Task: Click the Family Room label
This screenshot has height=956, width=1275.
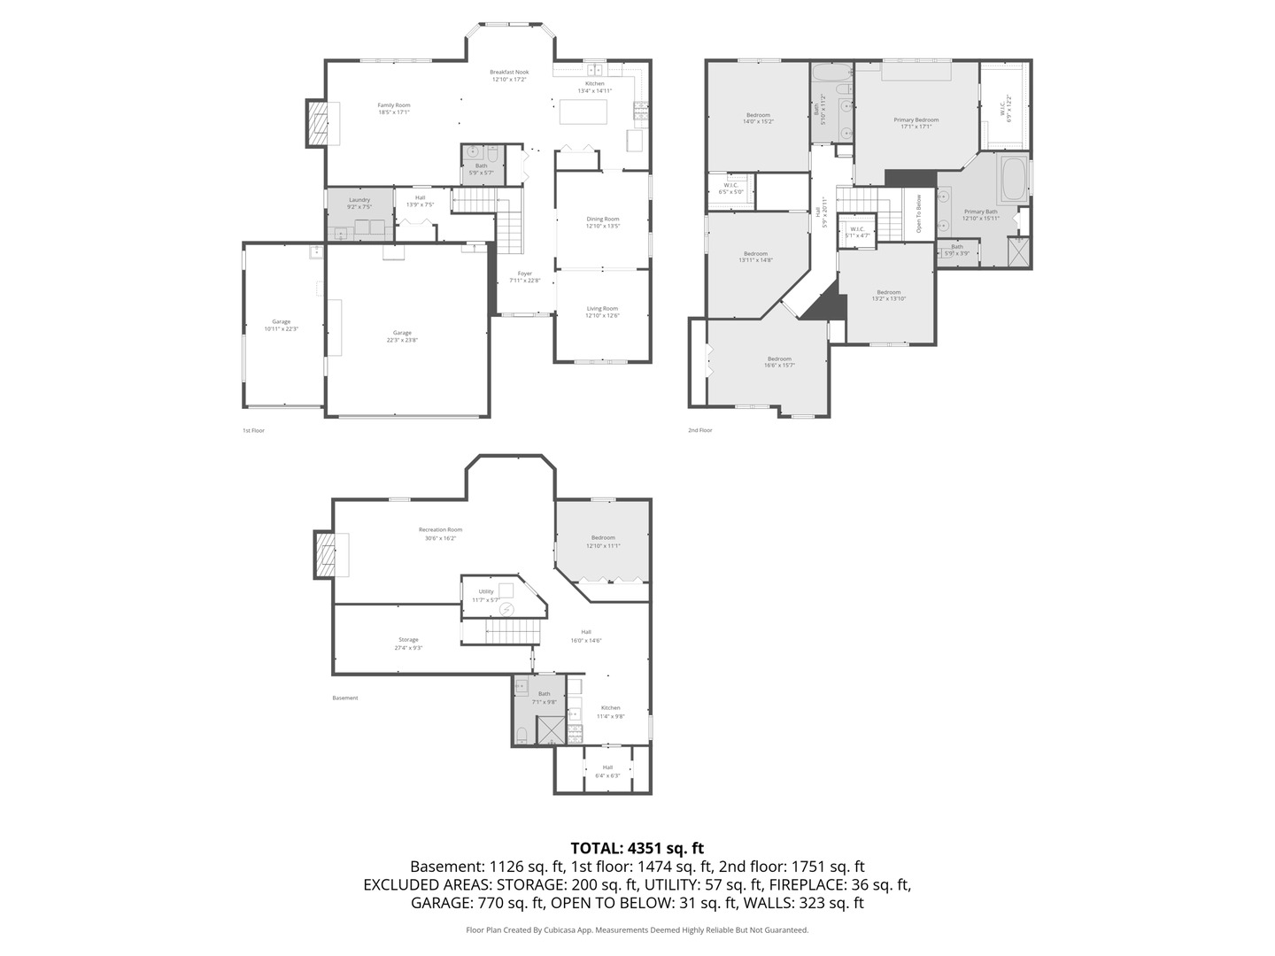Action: pyautogui.click(x=394, y=105)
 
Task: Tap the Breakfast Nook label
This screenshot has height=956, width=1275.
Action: pyautogui.click(x=509, y=73)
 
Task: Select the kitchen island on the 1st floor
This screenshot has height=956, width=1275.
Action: pyautogui.click(x=583, y=112)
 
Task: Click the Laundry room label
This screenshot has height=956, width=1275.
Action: pyautogui.click(x=359, y=200)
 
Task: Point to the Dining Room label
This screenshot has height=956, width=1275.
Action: pyautogui.click(x=602, y=219)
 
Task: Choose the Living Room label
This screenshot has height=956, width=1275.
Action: pyautogui.click(x=602, y=309)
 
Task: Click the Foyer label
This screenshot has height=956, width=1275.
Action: pyautogui.click(x=525, y=274)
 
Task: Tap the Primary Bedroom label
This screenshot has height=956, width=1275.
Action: pyautogui.click(x=916, y=120)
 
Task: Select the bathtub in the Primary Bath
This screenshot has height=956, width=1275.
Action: pyautogui.click(x=1014, y=179)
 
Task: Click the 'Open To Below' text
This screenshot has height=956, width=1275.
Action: pyautogui.click(x=919, y=213)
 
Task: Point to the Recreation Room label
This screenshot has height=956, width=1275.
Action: pyautogui.click(x=440, y=530)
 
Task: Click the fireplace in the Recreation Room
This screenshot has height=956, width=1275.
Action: pyautogui.click(x=324, y=555)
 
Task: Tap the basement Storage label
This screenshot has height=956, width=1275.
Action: pyautogui.click(x=408, y=640)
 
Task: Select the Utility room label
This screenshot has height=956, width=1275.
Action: pyautogui.click(x=486, y=592)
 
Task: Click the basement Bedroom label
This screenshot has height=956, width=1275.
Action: pyautogui.click(x=603, y=538)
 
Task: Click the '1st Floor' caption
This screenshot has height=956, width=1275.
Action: pyautogui.click(x=253, y=430)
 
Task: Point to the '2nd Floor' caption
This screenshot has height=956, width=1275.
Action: pyautogui.click(x=699, y=430)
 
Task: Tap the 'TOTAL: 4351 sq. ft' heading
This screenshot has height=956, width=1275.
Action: pyautogui.click(x=637, y=848)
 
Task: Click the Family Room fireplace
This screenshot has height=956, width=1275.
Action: pyautogui.click(x=318, y=123)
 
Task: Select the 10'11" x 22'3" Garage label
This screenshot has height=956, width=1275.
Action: pyautogui.click(x=281, y=322)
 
